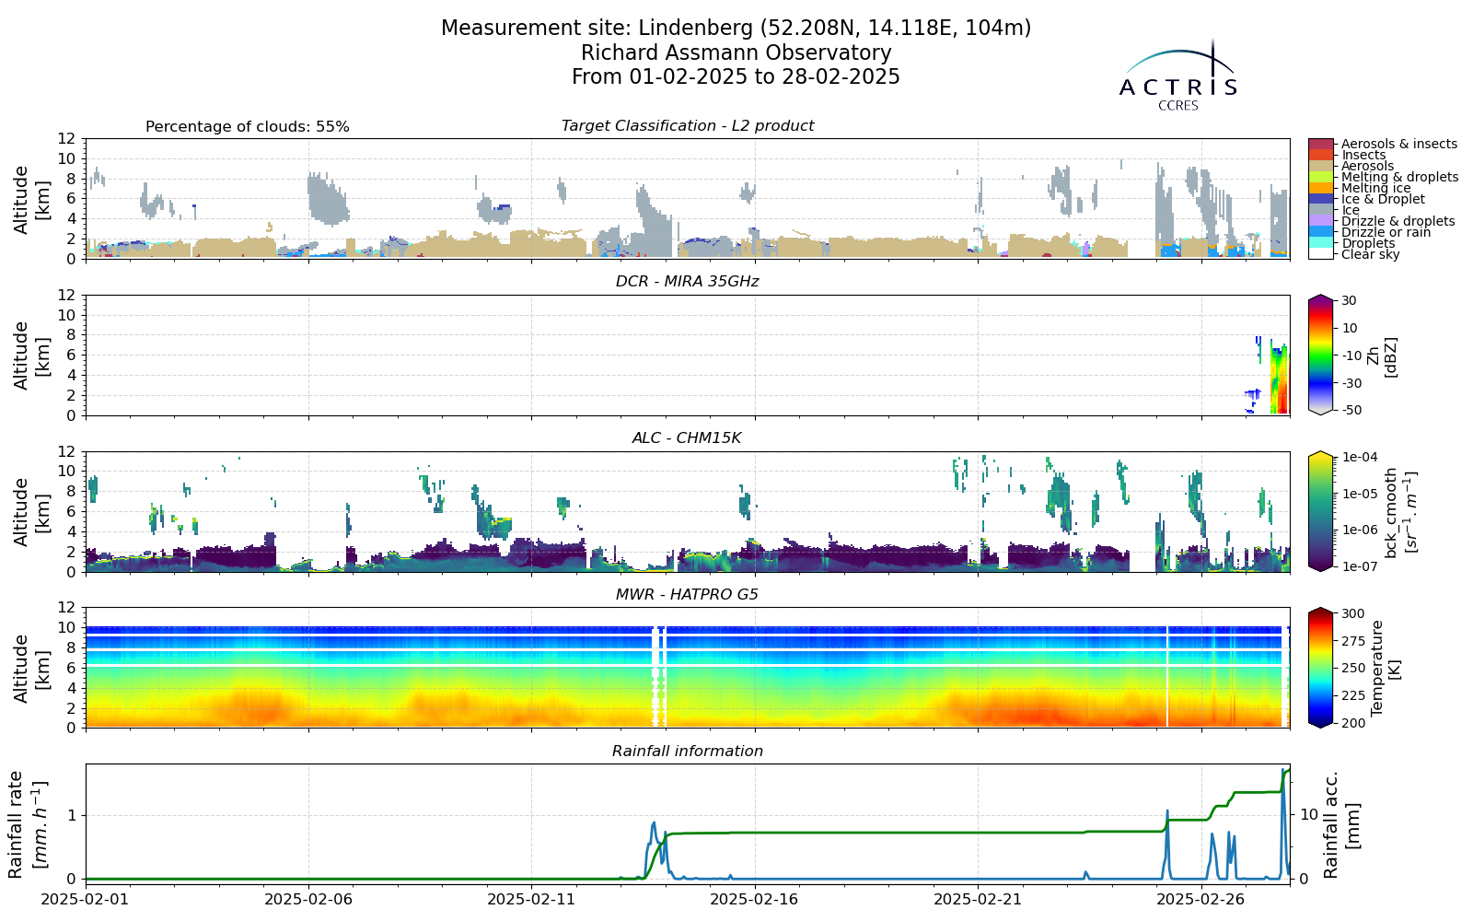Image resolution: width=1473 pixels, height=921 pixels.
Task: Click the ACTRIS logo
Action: coord(1177,76)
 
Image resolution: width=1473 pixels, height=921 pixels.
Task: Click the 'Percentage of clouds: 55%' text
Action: coord(248,127)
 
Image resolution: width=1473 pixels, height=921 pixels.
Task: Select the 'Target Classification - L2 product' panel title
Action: coord(687,125)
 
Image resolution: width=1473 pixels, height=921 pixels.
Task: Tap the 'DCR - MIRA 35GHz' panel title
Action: coord(687,282)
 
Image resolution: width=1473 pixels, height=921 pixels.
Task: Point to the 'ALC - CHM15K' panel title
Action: coord(687,438)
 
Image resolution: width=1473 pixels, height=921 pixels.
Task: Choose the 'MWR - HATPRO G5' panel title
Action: coord(687,595)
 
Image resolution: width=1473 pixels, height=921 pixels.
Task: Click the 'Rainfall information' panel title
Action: coord(687,752)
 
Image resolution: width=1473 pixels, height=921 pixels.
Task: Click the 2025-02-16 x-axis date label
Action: coord(755,899)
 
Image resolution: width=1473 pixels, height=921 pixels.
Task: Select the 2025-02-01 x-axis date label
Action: coord(86,899)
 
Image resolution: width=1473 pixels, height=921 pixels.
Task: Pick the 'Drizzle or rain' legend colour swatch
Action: coord(1320,232)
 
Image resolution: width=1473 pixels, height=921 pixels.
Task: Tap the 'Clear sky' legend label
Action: coord(1371,254)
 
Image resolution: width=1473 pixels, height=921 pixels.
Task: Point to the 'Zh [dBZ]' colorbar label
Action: coord(1381,357)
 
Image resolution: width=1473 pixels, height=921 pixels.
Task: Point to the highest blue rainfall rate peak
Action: coord(1282,769)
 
